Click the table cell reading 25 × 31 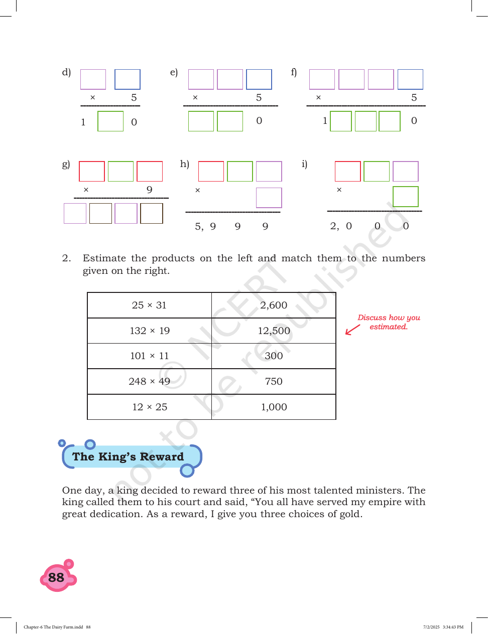[149, 305]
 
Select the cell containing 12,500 [274, 331]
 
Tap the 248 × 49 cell [149, 381]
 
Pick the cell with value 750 [274, 381]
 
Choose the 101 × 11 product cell [149, 356]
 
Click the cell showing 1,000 [274, 407]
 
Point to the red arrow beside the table [352, 330]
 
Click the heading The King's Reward [128, 456]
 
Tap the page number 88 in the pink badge [56, 577]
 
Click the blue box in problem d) [128, 79]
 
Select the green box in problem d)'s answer [110, 121]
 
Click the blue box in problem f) [410, 79]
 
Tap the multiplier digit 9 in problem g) [149, 190]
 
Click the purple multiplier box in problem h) [269, 198]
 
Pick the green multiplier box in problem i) [406, 197]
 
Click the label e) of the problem [174, 72]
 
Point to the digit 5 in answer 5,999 [198, 226]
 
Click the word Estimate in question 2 [104, 258]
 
